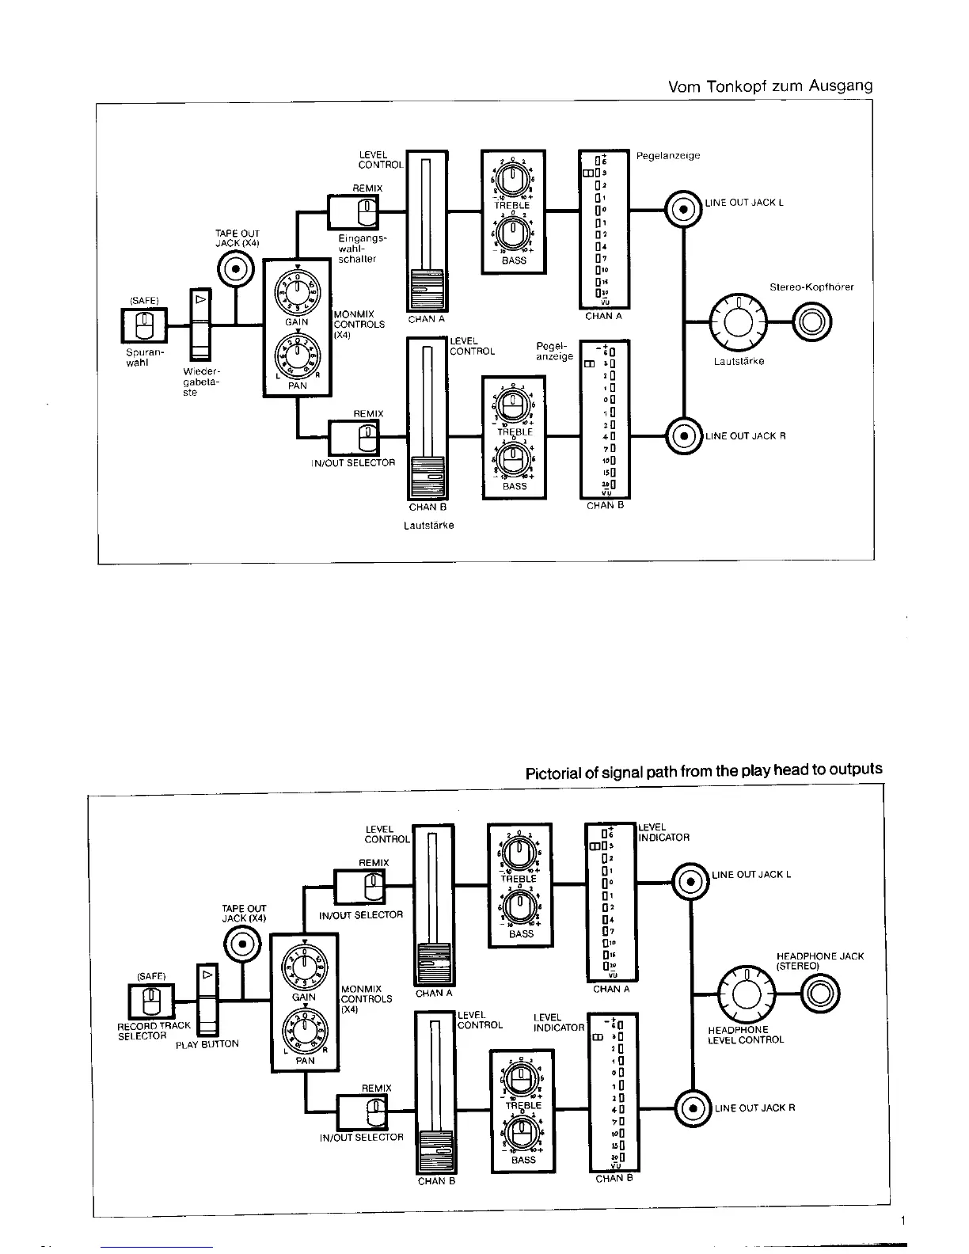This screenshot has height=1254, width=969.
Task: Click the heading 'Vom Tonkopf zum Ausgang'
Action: pos(769,86)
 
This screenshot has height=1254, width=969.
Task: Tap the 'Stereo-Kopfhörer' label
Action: pos(811,287)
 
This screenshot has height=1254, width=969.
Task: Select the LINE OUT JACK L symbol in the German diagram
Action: pos(682,210)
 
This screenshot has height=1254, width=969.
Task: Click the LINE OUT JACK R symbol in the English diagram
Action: pos(693,1108)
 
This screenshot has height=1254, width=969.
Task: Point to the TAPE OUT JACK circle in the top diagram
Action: pos(236,269)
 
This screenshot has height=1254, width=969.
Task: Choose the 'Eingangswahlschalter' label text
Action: pos(355,248)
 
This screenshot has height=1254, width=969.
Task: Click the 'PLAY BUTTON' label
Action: pos(207,1044)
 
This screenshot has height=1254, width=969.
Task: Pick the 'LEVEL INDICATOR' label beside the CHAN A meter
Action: pos(663,832)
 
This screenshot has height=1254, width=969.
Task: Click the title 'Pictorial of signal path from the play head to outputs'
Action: pos(704,770)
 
